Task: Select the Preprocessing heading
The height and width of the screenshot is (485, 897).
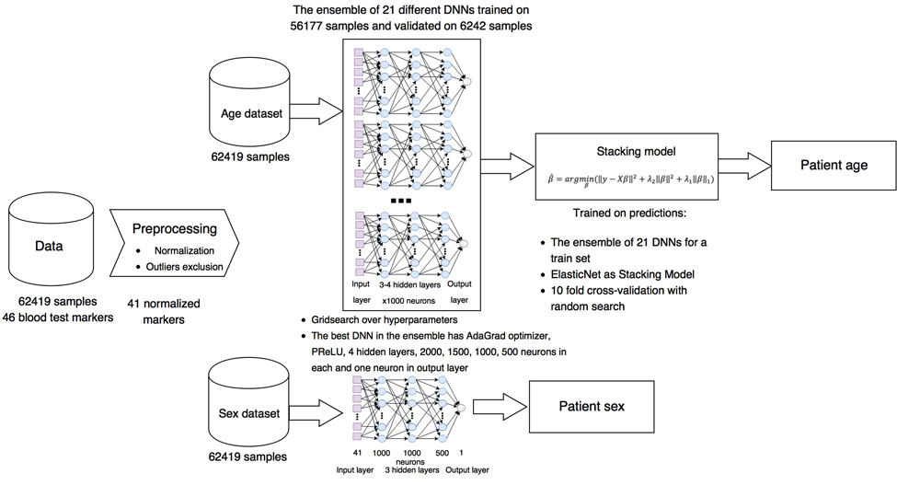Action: [x=173, y=228]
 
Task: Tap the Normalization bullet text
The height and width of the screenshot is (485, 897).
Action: [x=183, y=250]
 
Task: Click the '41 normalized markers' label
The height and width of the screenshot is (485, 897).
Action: [x=166, y=311]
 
